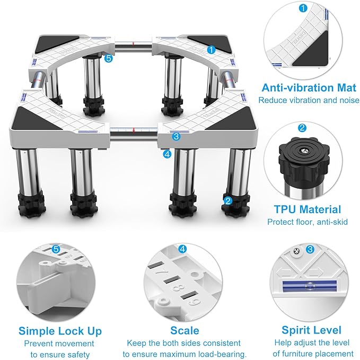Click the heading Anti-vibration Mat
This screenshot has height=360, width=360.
coord(309,87)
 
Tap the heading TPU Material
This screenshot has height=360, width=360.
coord(308,209)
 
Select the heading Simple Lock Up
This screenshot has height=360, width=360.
coord(60,331)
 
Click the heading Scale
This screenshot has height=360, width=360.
coord(185,331)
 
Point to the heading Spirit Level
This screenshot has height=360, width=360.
coord(311,330)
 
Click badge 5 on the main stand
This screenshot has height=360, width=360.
coord(109,58)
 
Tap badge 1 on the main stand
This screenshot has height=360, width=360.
coord(211,50)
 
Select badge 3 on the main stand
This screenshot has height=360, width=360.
coord(176,136)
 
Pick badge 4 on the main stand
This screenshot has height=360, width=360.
coord(168,154)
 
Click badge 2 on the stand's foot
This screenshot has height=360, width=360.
coord(228,201)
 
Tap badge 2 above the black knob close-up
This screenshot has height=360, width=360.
coord(302,128)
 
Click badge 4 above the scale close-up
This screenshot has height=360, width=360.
coord(182,249)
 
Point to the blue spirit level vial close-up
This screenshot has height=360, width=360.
coord(309,286)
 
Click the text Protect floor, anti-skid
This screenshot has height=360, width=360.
coord(308,222)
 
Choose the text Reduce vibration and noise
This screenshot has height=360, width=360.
coord(309,100)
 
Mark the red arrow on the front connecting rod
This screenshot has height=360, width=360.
coord(134,130)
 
